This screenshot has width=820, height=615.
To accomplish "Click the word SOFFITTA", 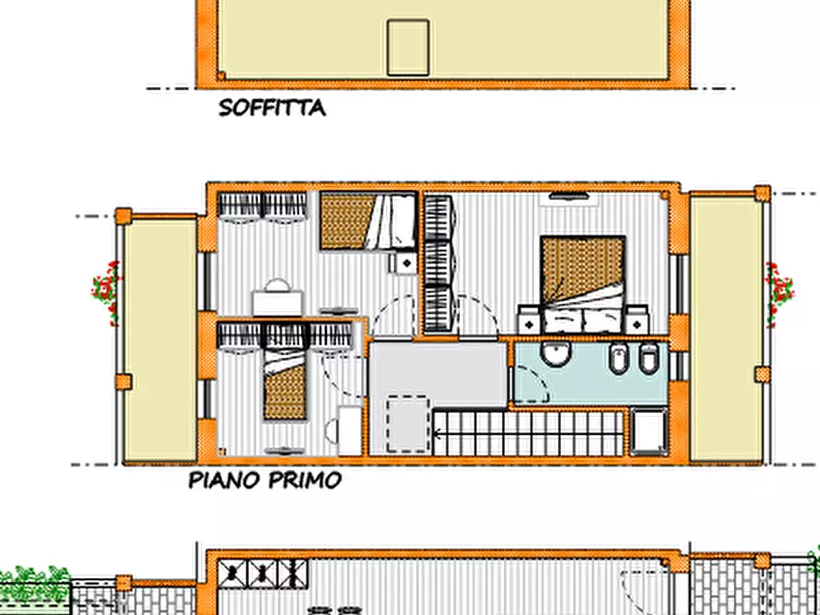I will [x=272, y=108].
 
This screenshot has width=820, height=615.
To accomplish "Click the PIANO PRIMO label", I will [x=265, y=480].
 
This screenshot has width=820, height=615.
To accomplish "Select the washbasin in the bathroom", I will [x=556, y=353].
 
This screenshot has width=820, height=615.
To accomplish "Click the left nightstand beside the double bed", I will [x=530, y=320].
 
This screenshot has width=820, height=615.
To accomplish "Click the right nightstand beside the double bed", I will [x=636, y=320].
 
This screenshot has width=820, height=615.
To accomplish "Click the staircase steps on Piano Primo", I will [x=528, y=434].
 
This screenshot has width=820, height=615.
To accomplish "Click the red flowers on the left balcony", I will [x=107, y=292].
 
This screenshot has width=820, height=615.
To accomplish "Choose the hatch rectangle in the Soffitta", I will [x=409, y=48].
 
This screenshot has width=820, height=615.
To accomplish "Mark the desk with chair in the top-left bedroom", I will [x=278, y=298].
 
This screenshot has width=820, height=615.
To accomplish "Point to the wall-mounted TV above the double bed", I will [x=569, y=196].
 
